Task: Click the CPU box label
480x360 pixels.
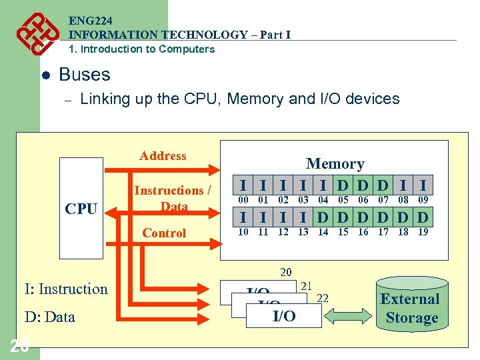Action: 81,209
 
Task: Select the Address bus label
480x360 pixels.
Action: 163,156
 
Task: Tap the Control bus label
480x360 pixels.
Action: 164,233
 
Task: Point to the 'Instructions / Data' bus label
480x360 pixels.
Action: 173,198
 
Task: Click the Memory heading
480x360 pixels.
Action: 335,163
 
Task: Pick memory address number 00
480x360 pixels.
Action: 244,199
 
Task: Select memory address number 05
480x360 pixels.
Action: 343,199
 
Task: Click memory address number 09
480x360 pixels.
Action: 423,199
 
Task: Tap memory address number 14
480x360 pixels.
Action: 323,232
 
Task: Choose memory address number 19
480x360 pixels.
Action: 423,232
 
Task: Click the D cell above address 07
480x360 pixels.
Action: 383,185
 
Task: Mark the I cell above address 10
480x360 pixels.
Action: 244,217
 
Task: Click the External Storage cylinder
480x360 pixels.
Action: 410,308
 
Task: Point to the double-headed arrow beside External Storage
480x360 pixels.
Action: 349,315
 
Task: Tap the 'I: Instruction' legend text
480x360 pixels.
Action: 66,289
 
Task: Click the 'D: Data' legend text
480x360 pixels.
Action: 49,317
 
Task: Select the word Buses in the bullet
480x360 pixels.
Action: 85,74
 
